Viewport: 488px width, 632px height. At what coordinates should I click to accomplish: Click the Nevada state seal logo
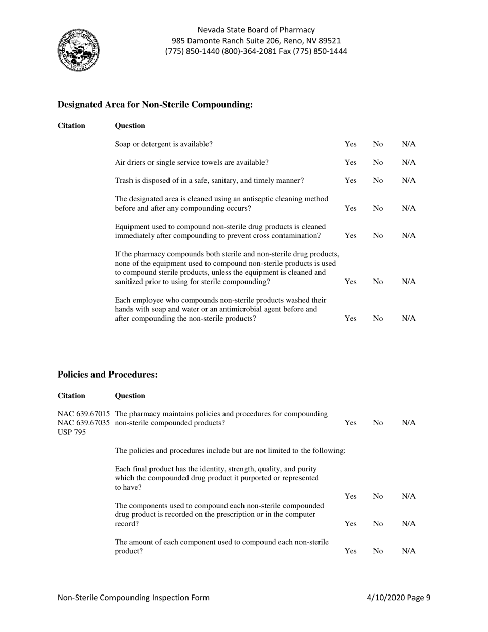(78, 51)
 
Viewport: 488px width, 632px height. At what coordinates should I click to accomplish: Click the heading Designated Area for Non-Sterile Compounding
(155, 105)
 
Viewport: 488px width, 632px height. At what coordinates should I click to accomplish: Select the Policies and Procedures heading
(107, 375)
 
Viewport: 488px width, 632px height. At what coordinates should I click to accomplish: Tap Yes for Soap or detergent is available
(350, 144)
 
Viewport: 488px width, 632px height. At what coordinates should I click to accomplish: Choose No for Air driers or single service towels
(378, 163)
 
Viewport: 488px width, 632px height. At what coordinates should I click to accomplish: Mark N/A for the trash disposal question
(408, 181)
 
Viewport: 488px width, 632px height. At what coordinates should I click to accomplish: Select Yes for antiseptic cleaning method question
(350, 208)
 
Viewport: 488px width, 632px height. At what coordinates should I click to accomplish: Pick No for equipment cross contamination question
(378, 236)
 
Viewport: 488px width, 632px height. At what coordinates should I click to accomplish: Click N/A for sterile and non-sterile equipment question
(408, 282)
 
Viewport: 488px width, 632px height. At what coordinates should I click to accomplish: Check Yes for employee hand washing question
(350, 319)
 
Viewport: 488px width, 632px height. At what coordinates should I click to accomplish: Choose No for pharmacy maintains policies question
(378, 423)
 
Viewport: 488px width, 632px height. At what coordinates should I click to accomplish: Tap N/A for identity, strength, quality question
(408, 496)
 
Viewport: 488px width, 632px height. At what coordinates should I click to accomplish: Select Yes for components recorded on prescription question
(350, 524)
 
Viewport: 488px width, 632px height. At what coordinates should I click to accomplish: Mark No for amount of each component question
(378, 551)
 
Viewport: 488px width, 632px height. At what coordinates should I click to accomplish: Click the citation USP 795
(72, 432)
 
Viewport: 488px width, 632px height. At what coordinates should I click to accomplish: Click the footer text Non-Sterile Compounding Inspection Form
(134, 597)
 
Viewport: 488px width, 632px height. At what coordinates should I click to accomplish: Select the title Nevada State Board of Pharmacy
(256, 30)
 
